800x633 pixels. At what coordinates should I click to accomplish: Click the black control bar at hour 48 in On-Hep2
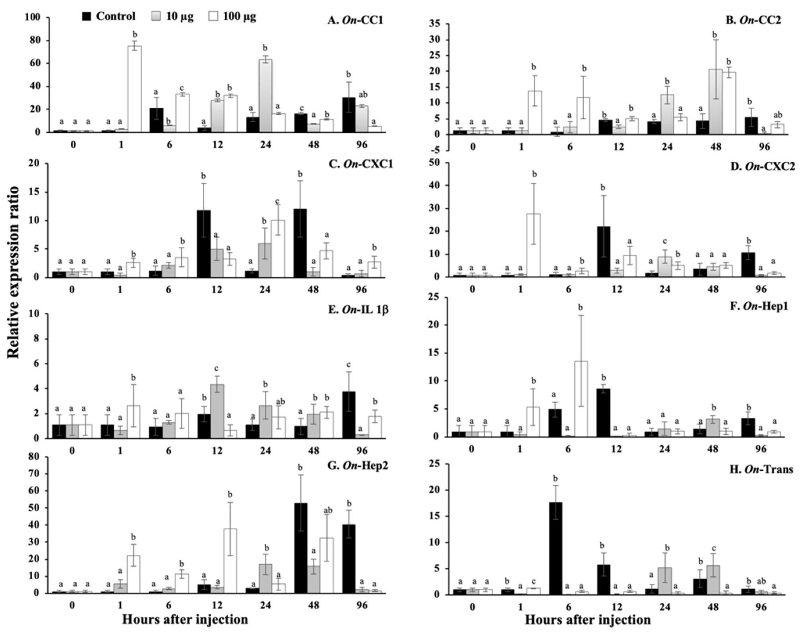tap(301, 548)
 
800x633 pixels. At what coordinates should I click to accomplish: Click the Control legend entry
tap(108, 16)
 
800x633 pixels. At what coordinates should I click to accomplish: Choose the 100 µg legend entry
tap(232, 16)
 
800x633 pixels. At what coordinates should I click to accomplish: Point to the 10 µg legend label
tap(180, 17)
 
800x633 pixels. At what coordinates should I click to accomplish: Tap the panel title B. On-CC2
tap(753, 19)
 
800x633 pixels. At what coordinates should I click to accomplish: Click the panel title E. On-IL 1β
tap(358, 309)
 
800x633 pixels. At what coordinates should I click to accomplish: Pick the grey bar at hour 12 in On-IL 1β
tap(217, 411)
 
